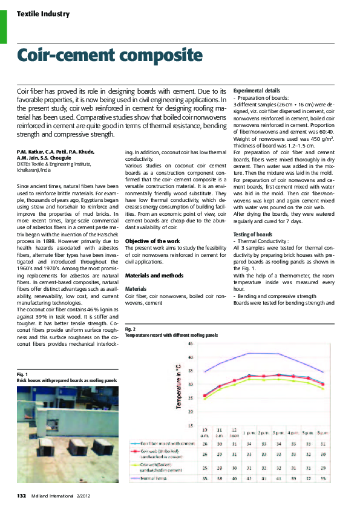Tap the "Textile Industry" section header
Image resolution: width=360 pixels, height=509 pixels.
point(42,14)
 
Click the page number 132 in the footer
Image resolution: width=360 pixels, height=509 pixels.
point(21,496)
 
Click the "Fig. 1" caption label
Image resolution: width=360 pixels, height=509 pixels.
point(23,375)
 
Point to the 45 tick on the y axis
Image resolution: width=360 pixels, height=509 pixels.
point(191,343)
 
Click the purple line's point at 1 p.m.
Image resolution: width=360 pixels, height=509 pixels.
point(248,352)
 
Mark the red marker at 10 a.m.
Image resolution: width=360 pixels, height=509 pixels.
point(205,395)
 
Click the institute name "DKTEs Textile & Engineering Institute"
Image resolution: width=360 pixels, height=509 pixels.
point(54,164)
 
